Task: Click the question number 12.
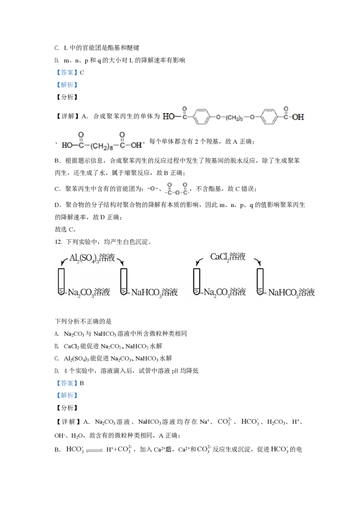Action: tap(58, 242)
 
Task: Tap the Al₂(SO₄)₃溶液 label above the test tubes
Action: tap(92, 258)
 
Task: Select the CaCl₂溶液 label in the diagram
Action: tap(228, 257)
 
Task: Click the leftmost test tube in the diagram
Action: tap(61, 281)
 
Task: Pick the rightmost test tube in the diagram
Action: tap(260, 281)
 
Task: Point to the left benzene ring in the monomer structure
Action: tap(201, 116)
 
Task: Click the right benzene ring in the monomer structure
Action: tap(270, 116)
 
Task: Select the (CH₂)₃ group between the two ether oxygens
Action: tap(234, 117)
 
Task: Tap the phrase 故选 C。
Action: tap(66, 229)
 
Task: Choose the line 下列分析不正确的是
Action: tap(83, 321)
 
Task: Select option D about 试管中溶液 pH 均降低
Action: tap(126, 371)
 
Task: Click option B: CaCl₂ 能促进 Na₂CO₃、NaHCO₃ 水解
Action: tap(108, 346)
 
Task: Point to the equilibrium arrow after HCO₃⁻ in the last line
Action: tap(94, 450)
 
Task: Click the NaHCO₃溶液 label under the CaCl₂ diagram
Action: tap(292, 292)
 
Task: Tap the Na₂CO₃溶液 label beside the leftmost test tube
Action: tap(89, 292)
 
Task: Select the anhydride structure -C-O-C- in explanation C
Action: tap(177, 188)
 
